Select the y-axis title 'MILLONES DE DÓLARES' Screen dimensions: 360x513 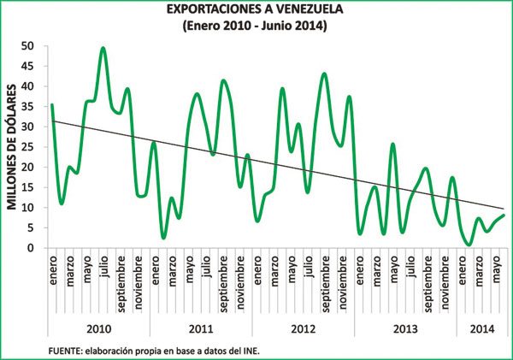(x=13, y=146)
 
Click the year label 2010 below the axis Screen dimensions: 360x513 (x=99, y=328)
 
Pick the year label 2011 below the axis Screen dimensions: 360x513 (x=201, y=328)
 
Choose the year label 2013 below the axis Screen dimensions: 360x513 (x=404, y=328)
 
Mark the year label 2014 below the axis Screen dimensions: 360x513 (x=481, y=328)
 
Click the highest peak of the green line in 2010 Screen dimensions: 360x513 (x=103, y=48)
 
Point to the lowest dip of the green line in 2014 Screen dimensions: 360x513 (x=469, y=245)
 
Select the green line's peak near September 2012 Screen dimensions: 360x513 (x=324, y=74)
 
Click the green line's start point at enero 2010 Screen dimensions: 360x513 (x=52, y=105)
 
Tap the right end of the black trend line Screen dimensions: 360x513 (x=504, y=209)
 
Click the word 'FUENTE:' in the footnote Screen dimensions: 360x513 (x=67, y=349)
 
